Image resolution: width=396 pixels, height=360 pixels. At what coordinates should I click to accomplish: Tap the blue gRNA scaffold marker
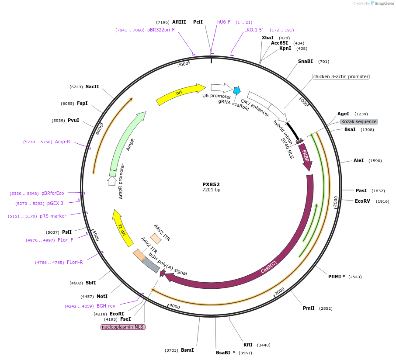point(236,90)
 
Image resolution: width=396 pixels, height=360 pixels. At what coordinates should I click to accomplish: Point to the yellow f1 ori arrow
point(122,227)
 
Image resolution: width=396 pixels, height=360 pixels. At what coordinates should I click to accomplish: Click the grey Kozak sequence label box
point(359,121)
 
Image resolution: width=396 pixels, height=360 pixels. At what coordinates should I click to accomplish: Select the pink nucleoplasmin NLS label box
point(123,327)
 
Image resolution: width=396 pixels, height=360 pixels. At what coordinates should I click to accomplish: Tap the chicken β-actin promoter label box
point(341,76)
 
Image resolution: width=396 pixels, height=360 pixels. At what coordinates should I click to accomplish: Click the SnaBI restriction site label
point(306,62)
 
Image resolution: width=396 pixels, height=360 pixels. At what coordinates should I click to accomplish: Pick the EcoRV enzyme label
point(363,201)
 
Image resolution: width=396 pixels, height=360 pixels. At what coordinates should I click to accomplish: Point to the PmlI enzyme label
point(309,308)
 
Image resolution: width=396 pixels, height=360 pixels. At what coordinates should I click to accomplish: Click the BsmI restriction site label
point(187,350)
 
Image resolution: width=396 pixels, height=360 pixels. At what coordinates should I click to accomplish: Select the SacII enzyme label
point(92,87)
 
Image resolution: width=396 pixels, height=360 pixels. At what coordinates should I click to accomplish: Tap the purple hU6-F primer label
point(224,22)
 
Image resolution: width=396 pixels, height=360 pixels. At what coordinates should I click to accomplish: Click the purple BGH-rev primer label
point(106,306)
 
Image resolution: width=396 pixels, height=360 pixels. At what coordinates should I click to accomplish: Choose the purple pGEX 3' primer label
point(56,203)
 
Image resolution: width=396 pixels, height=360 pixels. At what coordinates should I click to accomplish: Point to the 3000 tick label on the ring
point(279,291)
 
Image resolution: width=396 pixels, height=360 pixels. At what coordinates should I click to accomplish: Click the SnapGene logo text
point(381,3)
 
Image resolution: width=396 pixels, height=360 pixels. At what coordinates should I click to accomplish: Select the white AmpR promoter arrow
point(112,180)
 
